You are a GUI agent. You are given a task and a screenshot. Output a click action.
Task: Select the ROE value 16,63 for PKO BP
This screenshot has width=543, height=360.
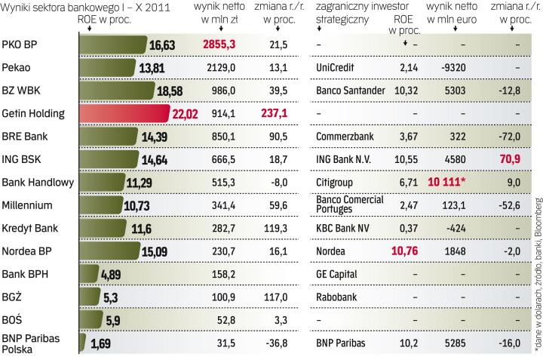point(162,45)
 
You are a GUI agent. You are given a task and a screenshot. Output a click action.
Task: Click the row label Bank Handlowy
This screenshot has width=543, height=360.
point(38,182)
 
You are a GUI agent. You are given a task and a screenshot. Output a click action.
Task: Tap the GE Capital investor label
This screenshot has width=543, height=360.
point(336,273)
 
